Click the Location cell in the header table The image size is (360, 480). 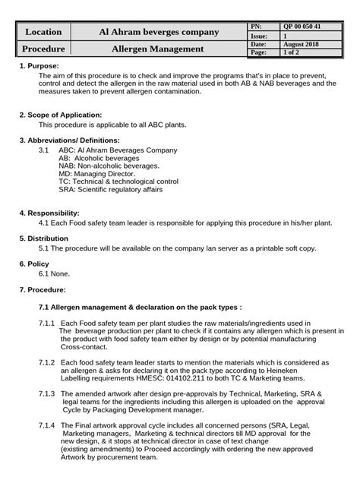(43, 32)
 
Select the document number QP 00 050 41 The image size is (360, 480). (302, 27)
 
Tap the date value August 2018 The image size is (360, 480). (301, 45)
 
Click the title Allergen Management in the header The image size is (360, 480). (157, 49)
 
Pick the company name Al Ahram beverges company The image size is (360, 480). (159, 32)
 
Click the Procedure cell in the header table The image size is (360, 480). (43, 49)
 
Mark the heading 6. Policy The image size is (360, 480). (34, 264)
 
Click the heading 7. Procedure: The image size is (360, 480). (42, 290)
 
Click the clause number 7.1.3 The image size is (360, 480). (46, 394)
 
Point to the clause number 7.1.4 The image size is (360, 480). (46, 426)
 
